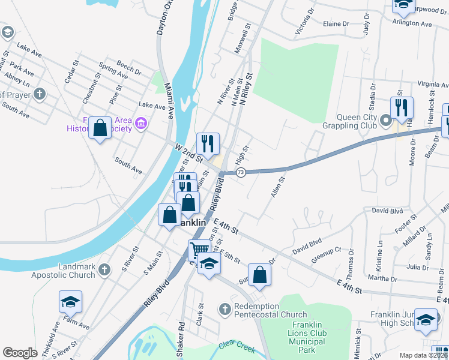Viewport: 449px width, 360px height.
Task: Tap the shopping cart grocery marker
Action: click(199, 248)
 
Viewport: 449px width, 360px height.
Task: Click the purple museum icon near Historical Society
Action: click(142, 124)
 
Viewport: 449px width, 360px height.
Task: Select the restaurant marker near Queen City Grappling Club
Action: click(401, 107)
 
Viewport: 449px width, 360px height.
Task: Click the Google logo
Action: click(20, 353)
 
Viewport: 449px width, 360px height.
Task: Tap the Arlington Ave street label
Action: click(412, 24)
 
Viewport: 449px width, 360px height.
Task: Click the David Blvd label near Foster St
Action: click(387, 211)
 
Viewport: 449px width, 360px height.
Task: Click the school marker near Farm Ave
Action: click(70, 301)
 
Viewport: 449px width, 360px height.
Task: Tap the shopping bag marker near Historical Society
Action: click(100, 127)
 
